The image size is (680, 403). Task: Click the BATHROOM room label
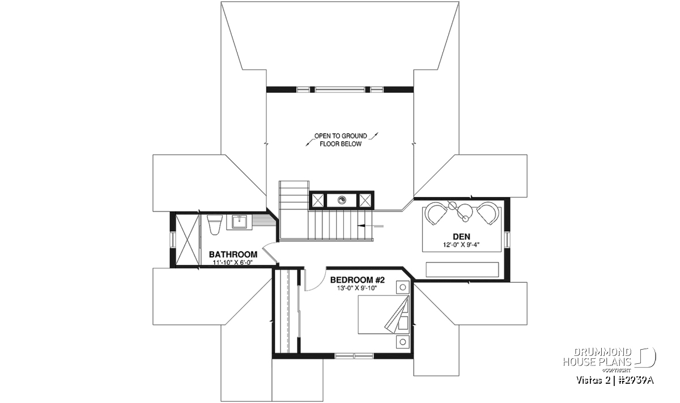tap(233, 254)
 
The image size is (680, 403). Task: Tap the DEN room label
tap(461, 236)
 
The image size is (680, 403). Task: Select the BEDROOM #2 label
tap(358, 279)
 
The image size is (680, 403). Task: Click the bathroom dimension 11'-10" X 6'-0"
tap(233, 262)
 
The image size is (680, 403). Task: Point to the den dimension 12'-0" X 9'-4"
tap(461, 244)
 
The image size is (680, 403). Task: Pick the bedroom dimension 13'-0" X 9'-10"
tap(356, 288)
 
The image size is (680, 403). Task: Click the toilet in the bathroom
tap(215, 224)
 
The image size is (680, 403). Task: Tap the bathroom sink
tap(241, 222)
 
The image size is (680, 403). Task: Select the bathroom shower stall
tap(188, 240)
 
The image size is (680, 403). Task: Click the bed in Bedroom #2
tap(384, 315)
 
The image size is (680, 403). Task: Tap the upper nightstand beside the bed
tap(402, 287)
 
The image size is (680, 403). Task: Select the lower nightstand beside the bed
tap(402, 342)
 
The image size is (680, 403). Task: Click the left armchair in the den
tap(436, 214)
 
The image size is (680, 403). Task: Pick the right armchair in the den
tap(488, 214)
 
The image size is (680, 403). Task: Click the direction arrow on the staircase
tap(371, 226)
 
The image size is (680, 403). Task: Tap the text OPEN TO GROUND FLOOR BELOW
tap(341, 140)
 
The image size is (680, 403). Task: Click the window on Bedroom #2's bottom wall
tap(354, 355)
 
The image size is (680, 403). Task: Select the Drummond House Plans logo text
tap(597, 357)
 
